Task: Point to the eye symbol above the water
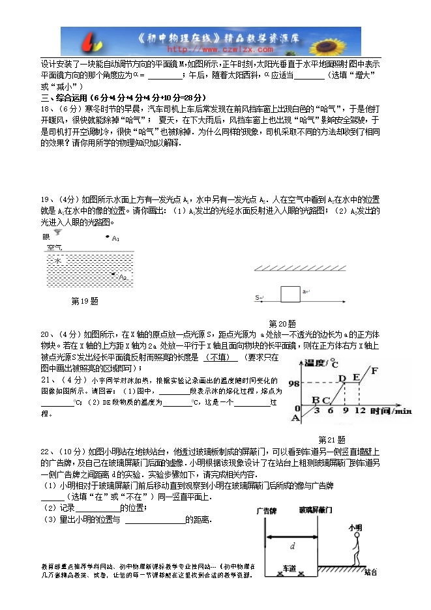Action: (x=58, y=233)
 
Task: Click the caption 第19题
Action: (x=84, y=301)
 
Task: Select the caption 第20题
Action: (x=282, y=323)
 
